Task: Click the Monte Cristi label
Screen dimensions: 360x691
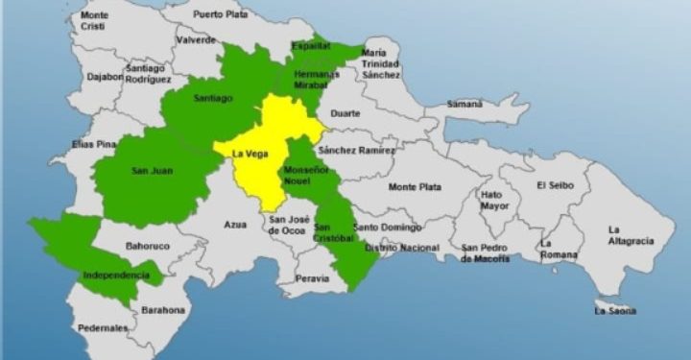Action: (95, 22)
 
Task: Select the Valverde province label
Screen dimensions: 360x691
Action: (195, 40)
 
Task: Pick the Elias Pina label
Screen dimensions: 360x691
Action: (94, 144)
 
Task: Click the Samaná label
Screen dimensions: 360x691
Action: (465, 103)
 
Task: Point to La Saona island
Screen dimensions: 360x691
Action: (615, 309)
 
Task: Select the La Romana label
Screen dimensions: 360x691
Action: (559, 250)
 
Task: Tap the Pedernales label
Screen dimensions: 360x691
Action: (103, 328)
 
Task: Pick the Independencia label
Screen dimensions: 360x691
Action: (116, 276)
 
